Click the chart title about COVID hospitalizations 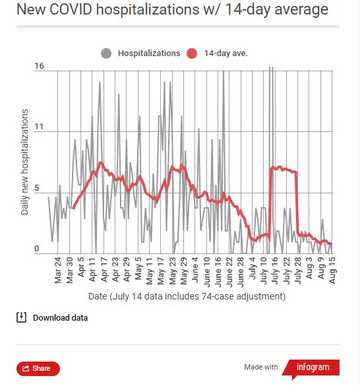click(171, 10)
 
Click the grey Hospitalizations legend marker click(106, 53)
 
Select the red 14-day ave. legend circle click(193, 53)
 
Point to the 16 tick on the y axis click(39, 66)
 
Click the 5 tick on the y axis click(38, 193)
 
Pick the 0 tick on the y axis click(38, 249)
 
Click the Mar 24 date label click(58, 271)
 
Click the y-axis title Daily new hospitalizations click(25, 162)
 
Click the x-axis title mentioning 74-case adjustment click(187, 296)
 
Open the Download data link click(60, 317)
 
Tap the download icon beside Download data click(21, 317)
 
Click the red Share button click(38, 369)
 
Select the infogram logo click(314, 367)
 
